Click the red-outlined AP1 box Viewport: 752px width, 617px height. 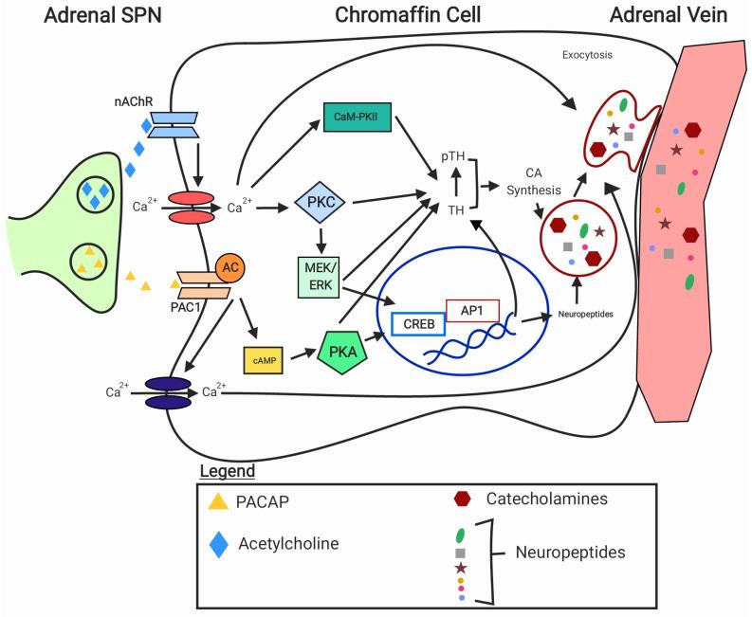[x=471, y=308]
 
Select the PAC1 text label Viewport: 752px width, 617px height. [x=193, y=306]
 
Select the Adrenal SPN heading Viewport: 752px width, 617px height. [x=74, y=15]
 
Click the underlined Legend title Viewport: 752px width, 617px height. [x=227, y=471]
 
